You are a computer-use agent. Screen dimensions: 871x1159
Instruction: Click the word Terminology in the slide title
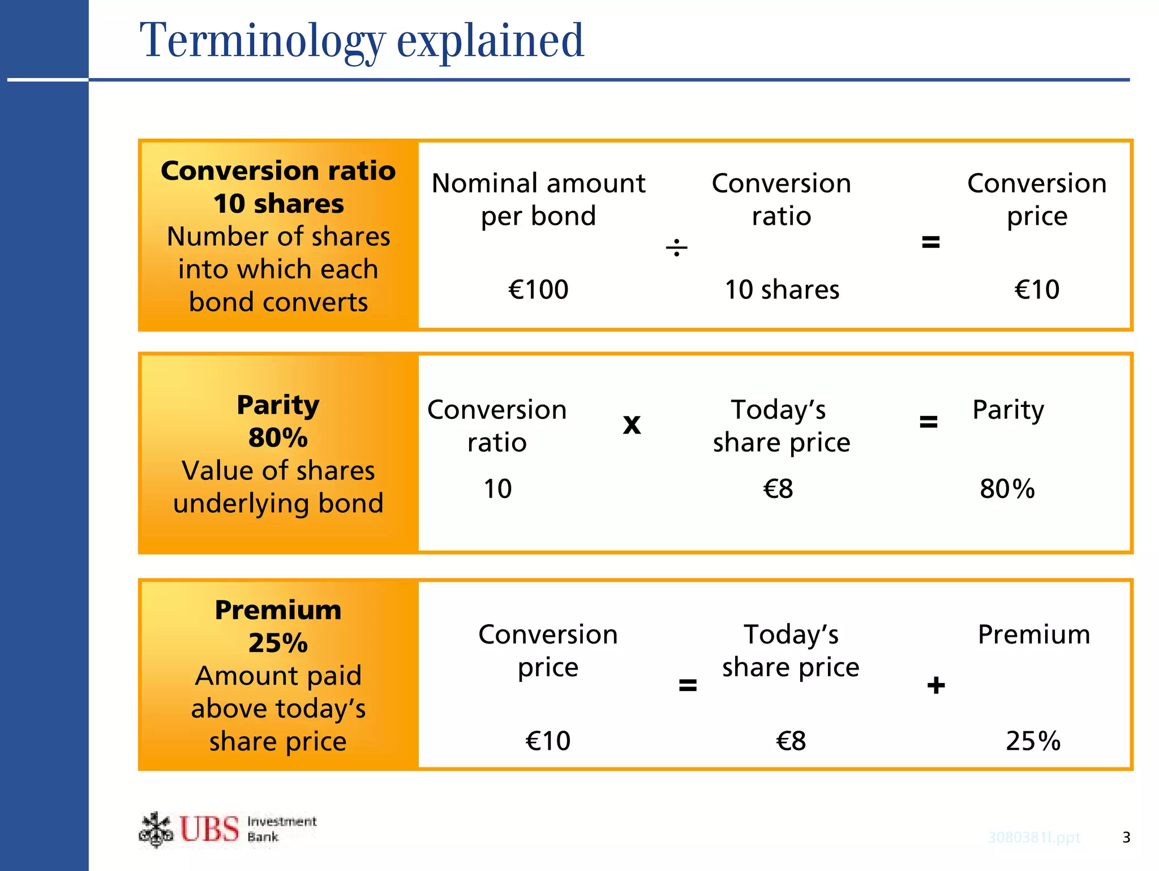262,41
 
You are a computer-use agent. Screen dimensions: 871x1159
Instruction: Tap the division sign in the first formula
676,247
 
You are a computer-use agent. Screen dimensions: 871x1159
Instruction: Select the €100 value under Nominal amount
538,290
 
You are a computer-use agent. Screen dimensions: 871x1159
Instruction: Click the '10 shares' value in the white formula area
782,290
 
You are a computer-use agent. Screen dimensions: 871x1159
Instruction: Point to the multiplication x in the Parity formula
632,424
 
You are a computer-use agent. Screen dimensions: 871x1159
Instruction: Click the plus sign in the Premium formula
936,685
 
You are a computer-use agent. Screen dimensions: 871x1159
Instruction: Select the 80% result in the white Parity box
1007,489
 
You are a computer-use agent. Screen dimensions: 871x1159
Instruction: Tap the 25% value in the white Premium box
1033,741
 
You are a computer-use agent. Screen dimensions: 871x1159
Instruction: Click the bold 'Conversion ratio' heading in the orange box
278,171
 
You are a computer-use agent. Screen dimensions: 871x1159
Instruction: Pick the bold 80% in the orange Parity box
278,437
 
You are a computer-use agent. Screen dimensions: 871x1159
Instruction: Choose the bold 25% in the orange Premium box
278,643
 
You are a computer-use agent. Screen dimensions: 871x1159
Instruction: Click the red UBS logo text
209,829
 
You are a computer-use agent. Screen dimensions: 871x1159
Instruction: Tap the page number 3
1126,837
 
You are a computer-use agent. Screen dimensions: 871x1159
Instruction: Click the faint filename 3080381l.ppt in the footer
1034,837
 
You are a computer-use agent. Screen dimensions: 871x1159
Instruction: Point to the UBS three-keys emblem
156,830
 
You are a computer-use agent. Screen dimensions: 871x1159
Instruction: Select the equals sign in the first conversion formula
930,242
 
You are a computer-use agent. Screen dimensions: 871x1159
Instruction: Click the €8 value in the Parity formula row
778,489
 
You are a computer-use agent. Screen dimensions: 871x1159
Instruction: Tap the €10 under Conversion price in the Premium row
548,741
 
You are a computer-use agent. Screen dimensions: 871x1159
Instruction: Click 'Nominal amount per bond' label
538,199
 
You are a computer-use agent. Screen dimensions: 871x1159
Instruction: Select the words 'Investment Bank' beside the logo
281,829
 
